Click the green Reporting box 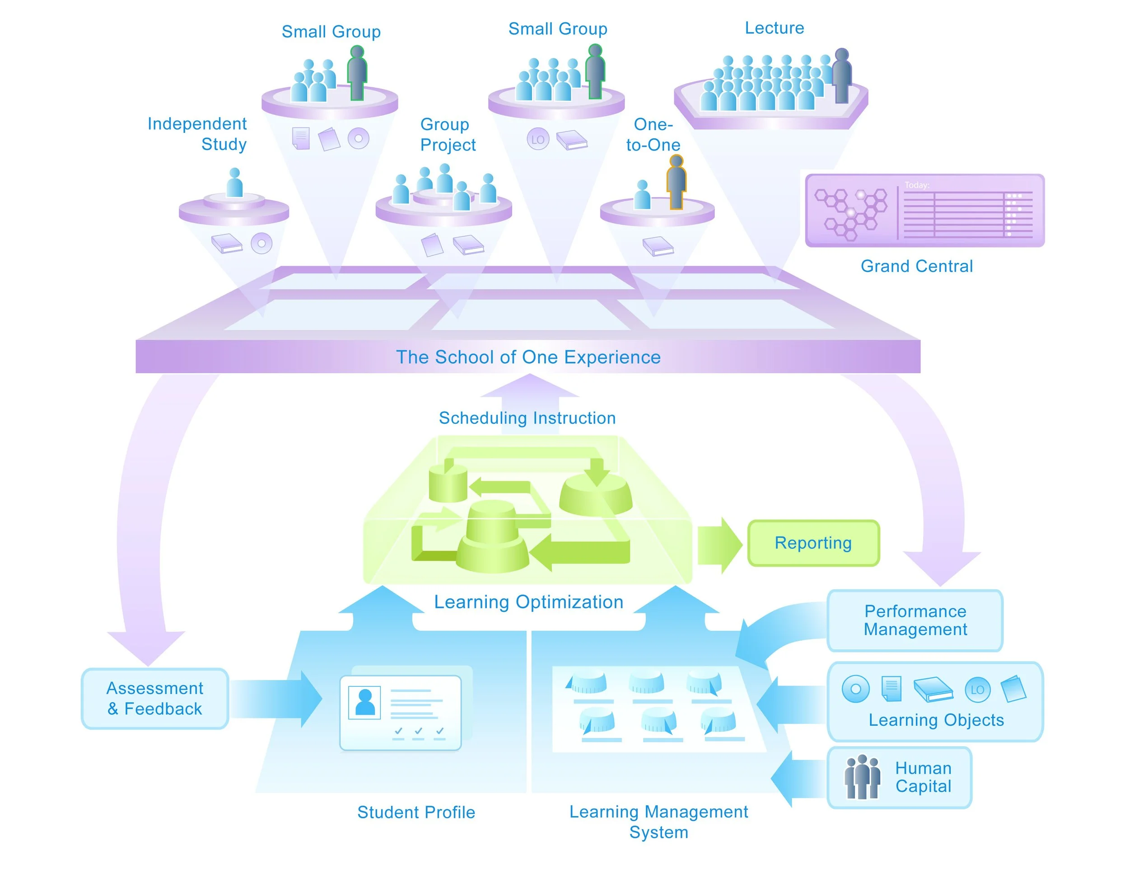813,543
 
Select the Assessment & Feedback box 154,698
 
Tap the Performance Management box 915,620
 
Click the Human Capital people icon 862,777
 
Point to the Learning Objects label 936,720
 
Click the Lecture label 774,28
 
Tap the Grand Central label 917,266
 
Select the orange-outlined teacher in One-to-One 676,182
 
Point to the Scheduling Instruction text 527,418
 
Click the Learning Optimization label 528,602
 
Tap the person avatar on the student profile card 364,702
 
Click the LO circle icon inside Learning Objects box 977,690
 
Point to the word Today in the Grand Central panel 917,185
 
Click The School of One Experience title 528,357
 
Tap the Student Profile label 416,812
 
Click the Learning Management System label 658,822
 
